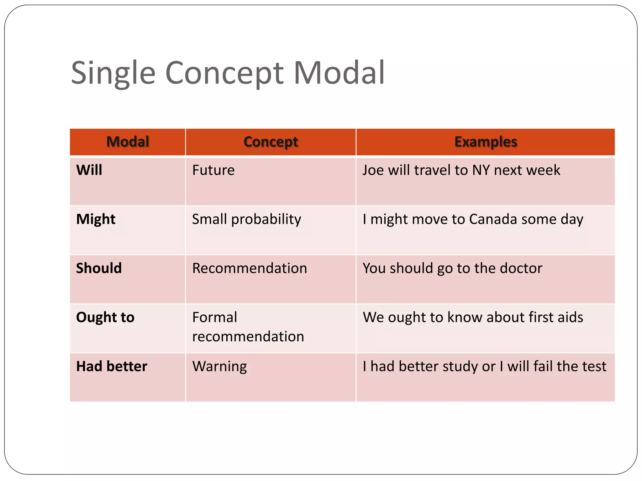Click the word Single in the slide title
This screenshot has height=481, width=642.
(x=113, y=73)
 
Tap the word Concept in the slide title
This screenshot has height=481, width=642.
(x=224, y=73)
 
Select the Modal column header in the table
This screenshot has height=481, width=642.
(x=128, y=142)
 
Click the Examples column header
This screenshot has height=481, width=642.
(x=486, y=142)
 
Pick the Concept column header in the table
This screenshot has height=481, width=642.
(x=271, y=142)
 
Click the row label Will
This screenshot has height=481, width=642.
(x=89, y=170)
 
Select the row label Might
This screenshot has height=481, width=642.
(x=96, y=219)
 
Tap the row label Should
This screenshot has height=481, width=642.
(x=99, y=268)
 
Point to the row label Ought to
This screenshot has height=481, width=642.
(x=105, y=318)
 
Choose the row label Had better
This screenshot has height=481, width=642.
(x=112, y=366)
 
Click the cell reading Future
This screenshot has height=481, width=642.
(x=213, y=170)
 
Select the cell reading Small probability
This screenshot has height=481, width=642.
(x=246, y=219)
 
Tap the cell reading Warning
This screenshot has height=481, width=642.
(x=219, y=366)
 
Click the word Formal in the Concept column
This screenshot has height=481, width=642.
(x=215, y=318)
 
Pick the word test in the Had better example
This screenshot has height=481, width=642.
(x=594, y=366)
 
